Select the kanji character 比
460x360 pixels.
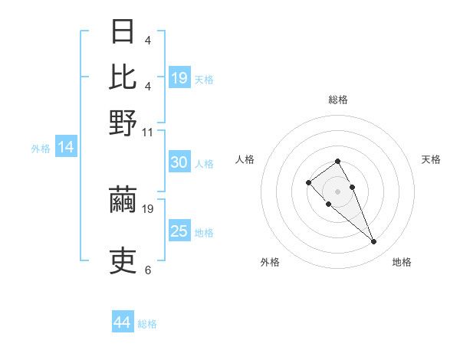point(123,77)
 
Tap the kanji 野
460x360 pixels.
point(123,123)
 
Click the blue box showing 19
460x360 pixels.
point(179,78)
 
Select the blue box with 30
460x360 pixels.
point(179,162)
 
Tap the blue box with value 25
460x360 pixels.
point(179,231)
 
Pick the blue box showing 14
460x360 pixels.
point(66,148)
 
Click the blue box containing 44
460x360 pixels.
point(123,322)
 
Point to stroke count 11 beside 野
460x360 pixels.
point(147,133)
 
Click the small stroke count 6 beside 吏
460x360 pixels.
point(147,270)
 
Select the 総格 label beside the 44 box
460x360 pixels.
point(147,324)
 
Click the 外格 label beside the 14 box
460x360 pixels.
point(41,149)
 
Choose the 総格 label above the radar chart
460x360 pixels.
point(338,100)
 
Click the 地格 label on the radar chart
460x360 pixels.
point(402,262)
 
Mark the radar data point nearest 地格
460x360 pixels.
point(374,242)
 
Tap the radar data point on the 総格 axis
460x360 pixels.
point(337,161)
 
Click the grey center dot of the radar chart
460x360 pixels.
point(337,191)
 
